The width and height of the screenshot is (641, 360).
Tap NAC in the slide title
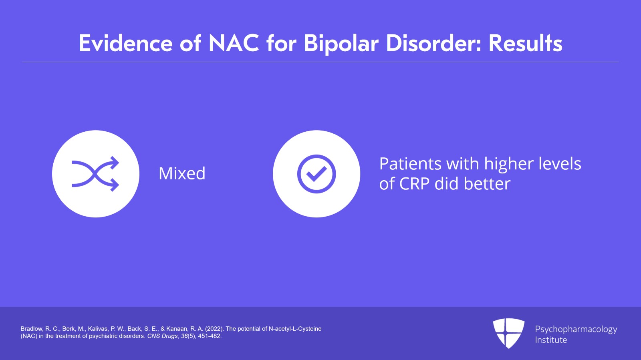click(x=234, y=43)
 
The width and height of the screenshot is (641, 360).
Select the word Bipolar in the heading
click(x=341, y=43)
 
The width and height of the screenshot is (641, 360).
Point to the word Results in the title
click(x=525, y=43)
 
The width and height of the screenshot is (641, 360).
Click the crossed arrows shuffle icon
click(x=95, y=174)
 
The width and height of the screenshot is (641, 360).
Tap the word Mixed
click(x=182, y=174)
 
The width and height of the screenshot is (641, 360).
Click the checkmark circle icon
click(x=316, y=174)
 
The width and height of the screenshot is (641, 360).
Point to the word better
click(x=487, y=184)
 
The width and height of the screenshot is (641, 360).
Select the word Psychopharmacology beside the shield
click(x=576, y=329)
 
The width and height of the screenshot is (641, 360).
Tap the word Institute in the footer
click(x=551, y=340)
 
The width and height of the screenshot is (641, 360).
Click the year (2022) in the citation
click(x=214, y=329)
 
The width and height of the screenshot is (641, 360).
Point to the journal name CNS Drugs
click(x=162, y=336)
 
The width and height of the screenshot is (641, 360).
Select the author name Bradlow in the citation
click(x=31, y=329)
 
